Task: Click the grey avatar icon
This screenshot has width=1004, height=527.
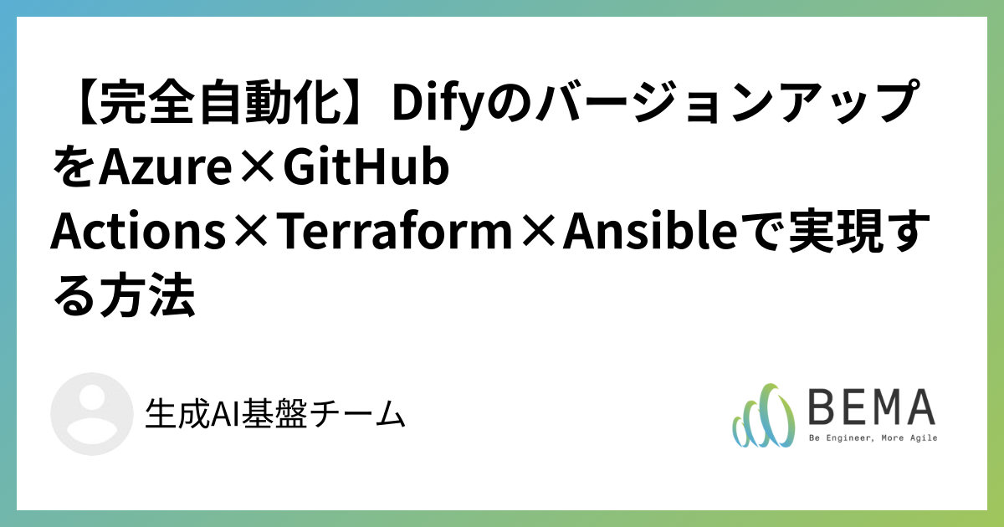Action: [x=91, y=414]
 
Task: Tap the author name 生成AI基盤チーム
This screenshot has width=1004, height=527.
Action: [x=275, y=414]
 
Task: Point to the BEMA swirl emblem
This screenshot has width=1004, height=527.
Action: [x=762, y=416]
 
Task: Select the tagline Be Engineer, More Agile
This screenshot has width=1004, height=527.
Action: [x=872, y=437]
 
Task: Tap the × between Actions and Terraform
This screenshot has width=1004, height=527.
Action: [x=248, y=234]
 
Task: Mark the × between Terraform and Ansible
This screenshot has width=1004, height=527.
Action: [x=533, y=234]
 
